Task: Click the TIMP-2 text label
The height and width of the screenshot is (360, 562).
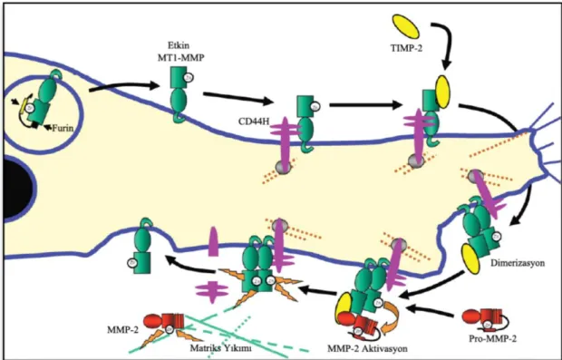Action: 406,48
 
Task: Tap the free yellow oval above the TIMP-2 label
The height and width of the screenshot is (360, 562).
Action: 406,26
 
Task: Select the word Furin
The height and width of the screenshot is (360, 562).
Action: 63,127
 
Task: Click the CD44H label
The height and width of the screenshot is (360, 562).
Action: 254,122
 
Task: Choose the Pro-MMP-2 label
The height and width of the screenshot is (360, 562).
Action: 494,339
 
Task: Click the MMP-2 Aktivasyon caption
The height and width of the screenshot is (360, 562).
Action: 367,348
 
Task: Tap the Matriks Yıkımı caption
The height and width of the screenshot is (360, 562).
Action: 219,347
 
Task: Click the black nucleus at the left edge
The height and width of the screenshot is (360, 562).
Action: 17,188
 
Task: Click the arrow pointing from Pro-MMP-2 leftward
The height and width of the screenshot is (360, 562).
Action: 429,311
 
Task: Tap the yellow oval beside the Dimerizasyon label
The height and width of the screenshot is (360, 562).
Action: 470,258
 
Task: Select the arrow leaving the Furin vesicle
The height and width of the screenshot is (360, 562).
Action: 123,86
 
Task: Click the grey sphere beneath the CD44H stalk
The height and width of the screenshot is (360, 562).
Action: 282,167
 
